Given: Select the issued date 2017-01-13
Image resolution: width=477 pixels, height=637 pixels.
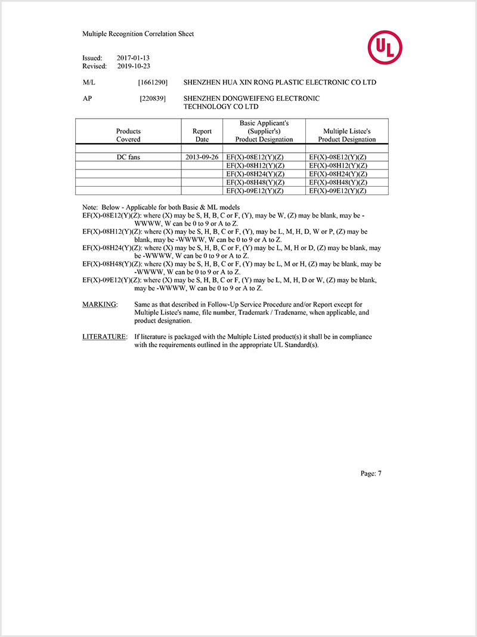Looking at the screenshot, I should (133, 58).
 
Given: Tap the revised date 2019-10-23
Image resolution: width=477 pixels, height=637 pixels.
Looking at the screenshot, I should (133, 66).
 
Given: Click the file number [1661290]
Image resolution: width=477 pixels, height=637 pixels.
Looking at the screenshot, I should (152, 82).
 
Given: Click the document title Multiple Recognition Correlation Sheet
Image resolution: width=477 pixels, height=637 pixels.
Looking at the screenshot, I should (138, 34).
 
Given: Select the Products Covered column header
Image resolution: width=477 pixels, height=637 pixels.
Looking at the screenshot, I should (128, 135).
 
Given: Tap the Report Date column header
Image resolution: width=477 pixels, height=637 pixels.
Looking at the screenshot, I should (202, 135).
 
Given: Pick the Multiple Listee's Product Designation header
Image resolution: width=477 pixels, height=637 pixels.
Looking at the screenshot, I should (346, 135).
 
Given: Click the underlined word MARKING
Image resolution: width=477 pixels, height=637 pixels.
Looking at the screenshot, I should (100, 304).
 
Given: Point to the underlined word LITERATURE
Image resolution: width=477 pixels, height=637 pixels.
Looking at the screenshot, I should (104, 337).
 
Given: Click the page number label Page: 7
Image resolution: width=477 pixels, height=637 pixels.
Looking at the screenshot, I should (370, 474).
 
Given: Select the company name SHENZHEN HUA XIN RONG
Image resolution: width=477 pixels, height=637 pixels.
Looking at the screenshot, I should (238, 82).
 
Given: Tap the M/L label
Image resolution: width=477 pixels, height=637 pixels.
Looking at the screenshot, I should (89, 82).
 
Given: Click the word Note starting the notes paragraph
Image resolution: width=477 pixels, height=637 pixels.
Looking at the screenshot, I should (89, 206).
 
